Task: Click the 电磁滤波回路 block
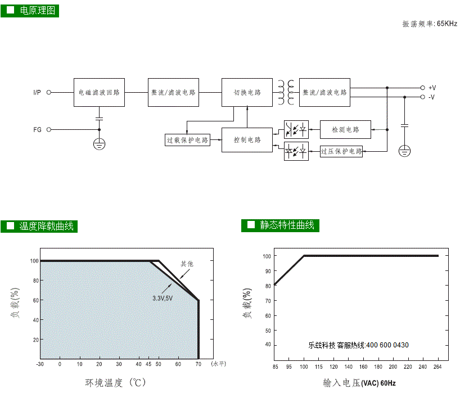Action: click(99, 92)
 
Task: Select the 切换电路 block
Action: click(247, 92)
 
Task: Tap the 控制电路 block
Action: click(247, 140)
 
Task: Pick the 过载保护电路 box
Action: click(187, 140)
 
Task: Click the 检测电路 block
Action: click(345, 129)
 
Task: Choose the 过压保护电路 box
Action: click(341, 151)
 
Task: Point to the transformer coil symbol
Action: click(286, 92)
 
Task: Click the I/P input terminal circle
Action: click(49, 92)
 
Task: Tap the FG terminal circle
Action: click(49, 129)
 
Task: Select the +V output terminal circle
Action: click(423, 88)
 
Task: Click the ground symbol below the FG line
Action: click(100, 144)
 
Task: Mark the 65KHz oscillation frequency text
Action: click(447, 24)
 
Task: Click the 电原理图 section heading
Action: click(37, 11)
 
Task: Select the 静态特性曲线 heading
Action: click(287, 225)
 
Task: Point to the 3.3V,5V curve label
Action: click(163, 298)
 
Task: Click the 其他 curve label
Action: click(187, 264)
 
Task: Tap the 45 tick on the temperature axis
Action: click(148, 364)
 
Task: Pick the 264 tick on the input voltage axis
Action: click(438, 367)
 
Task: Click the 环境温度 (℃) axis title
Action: click(115, 382)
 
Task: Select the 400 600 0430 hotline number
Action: click(387, 345)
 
